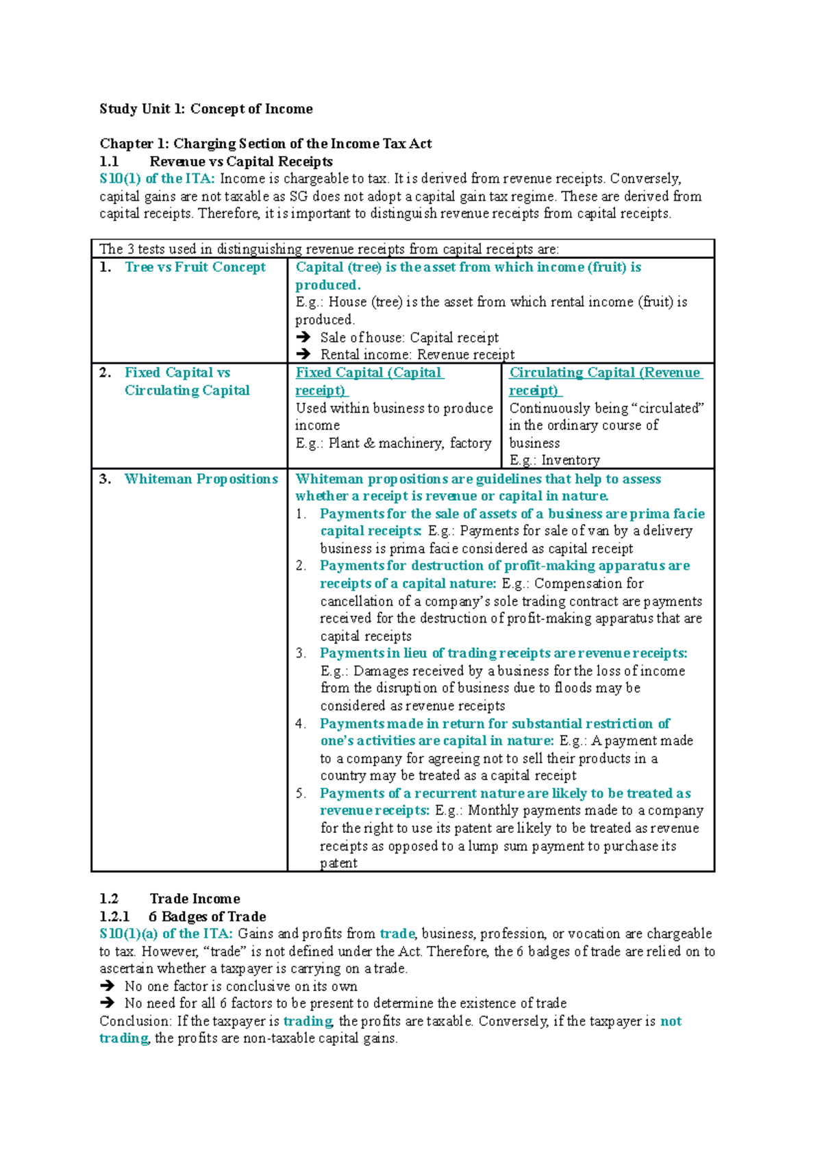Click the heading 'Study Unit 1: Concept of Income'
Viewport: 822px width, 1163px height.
pyautogui.click(x=206, y=109)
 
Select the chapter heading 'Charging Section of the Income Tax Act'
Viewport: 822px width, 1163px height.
pyautogui.click(x=302, y=144)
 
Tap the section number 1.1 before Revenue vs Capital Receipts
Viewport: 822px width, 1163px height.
pyautogui.click(x=109, y=162)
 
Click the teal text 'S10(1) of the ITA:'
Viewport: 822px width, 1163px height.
pyautogui.click(x=157, y=179)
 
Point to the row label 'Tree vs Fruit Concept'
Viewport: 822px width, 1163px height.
pyautogui.click(x=195, y=267)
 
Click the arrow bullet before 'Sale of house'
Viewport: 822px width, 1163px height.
pyautogui.click(x=303, y=338)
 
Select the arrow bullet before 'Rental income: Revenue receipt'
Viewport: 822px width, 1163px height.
pyautogui.click(x=303, y=355)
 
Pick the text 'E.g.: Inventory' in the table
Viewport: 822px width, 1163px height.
pyautogui.click(x=554, y=460)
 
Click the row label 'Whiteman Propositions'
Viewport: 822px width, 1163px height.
pyautogui.click(x=201, y=479)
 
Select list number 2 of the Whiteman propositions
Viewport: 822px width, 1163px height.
pyautogui.click(x=301, y=566)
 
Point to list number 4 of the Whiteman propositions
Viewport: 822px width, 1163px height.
pyautogui.click(x=301, y=724)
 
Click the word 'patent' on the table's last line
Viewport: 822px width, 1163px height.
pyautogui.click(x=338, y=863)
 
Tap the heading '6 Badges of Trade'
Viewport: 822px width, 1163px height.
pyautogui.click(x=207, y=916)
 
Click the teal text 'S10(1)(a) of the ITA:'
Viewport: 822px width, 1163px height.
pyautogui.click(x=166, y=934)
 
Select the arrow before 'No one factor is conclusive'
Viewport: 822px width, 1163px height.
pyautogui.click(x=107, y=986)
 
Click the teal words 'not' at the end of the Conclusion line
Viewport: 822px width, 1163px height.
pyautogui.click(x=671, y=1021)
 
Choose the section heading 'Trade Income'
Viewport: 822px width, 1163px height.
pyautogui.click(x=195, y=899)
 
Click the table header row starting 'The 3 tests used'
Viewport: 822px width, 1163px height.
pyautogui.click(x=329, y=249)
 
